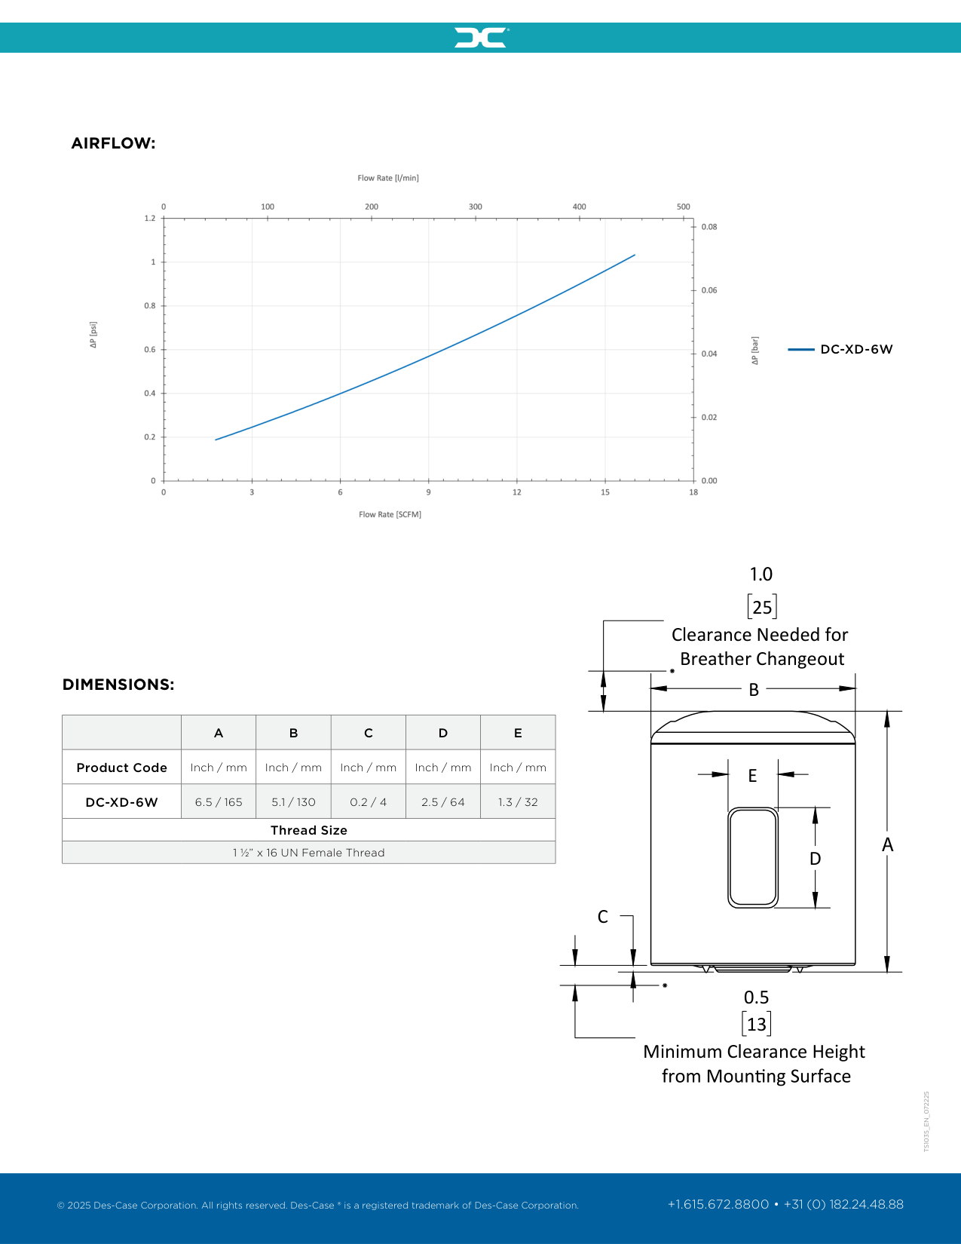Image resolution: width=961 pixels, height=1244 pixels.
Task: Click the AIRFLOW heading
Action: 113,143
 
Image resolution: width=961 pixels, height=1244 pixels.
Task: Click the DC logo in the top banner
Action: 481,38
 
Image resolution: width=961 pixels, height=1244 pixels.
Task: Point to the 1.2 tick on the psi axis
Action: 150,219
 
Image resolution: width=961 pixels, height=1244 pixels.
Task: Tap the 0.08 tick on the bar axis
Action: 709,227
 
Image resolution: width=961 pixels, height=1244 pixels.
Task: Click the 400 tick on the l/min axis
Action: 579,207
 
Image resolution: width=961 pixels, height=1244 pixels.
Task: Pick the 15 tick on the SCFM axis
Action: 605,492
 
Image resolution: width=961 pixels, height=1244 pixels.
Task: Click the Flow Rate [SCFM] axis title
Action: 390,514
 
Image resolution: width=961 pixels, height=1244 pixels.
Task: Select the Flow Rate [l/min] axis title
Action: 388,178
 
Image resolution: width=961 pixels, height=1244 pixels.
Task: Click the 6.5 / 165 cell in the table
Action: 219,802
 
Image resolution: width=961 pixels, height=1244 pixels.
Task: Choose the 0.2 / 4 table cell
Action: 368,802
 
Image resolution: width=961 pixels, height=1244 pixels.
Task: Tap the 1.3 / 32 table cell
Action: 518,802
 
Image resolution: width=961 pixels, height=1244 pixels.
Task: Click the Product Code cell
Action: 121,768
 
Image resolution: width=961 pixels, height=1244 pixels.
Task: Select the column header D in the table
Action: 443,733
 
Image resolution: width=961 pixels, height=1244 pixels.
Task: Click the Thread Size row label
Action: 309,830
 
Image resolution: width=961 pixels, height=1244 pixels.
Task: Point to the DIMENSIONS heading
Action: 118,685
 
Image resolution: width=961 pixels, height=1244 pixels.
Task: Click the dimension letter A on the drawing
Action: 888,845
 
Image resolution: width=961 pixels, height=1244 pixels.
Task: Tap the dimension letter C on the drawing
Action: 603,917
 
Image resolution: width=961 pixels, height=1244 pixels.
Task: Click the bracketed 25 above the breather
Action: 762,607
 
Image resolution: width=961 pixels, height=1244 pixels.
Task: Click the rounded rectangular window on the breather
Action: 753,857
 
